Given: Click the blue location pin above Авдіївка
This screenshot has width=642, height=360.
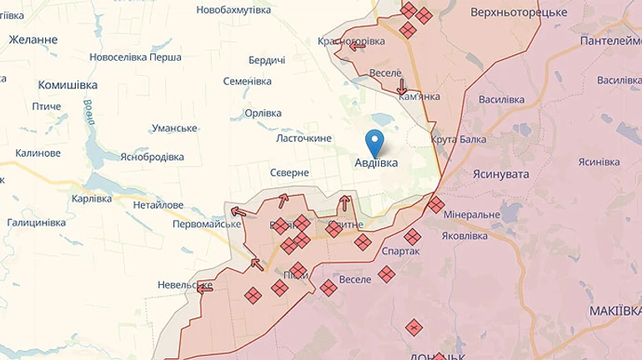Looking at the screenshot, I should click(375, 142).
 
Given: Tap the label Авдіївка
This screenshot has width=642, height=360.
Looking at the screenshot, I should click(376, 163).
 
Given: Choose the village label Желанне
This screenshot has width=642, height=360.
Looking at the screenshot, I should click(33, 39).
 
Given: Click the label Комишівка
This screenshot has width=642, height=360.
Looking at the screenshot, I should click(68, 85).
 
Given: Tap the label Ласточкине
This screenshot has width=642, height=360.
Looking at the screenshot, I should click(303, 138).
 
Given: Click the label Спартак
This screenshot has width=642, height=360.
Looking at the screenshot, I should click(400, 250).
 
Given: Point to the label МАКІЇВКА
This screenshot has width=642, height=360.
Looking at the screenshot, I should click(614, 310).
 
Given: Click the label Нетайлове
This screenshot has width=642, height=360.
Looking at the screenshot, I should click(158, 204).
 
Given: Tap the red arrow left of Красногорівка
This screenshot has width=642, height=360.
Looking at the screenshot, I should click(357, 47).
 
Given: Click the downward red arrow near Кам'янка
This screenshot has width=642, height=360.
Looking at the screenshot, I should click(402, 87).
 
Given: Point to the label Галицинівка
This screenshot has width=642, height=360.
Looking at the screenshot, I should click(37, 222).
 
